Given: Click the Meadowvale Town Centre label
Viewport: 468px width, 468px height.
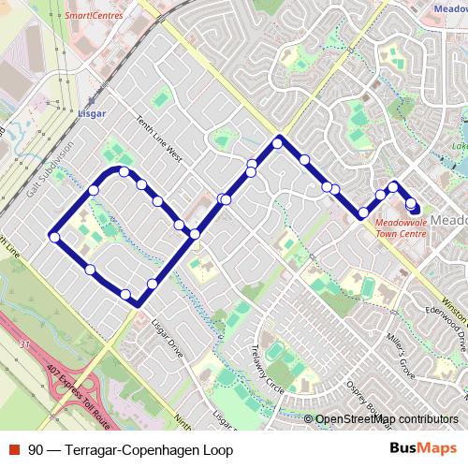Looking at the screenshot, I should pos(400,227).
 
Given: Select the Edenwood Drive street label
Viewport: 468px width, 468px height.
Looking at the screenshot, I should pos(446,324).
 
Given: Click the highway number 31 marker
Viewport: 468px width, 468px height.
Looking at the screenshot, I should pos(23,346).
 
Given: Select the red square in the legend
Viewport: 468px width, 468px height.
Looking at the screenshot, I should pos(13,449).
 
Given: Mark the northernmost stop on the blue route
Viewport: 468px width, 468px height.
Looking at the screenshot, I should pos(278,143).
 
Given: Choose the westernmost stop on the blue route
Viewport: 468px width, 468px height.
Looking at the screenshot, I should pos(55,238).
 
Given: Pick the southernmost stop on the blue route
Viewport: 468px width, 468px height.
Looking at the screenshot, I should pos(125,295).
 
